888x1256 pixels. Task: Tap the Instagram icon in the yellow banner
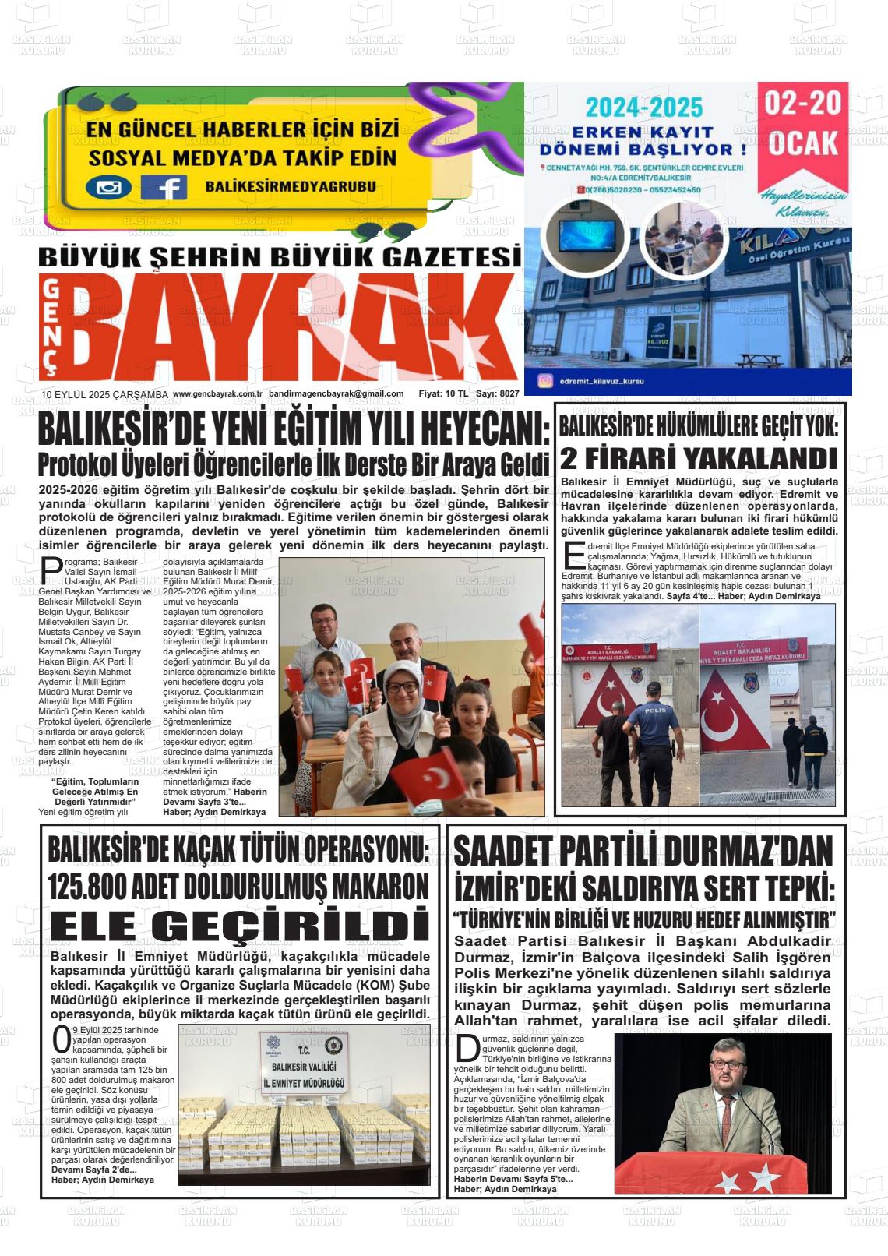(x=108, y=187)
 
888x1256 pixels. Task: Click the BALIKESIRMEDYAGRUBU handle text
(x=291, y=186)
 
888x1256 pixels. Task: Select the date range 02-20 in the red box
(x=803, y=104)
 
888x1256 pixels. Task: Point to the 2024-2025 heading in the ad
(x=644, y=107)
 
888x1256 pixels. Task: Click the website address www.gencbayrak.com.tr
(x=217, y=394)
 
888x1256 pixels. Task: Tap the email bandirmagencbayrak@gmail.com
(x=336, y=394)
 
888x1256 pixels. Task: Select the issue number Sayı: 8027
(x=498, y=394)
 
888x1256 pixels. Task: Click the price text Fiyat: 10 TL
(x=442, y=394)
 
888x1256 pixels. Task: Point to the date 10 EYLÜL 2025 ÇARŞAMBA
(x=105, y=395)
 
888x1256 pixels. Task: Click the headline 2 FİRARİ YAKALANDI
(x=699, y=458)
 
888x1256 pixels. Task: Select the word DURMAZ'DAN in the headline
(x=747, y=851)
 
